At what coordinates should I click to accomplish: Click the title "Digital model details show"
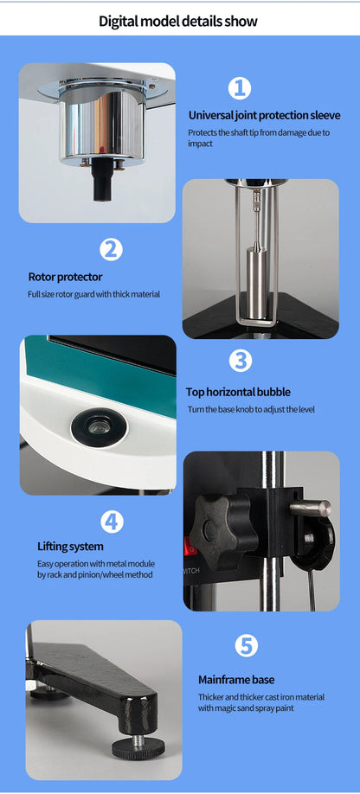177,21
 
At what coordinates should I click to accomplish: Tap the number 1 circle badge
240,88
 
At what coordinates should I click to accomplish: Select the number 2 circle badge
111,249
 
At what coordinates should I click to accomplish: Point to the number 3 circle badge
241,361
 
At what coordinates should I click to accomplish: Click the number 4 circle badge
112,522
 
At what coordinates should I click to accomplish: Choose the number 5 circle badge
246,645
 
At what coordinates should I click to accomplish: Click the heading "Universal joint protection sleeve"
264,115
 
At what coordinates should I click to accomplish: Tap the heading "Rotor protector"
65,277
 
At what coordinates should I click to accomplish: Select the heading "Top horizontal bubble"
238,392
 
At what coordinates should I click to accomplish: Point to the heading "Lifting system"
70,547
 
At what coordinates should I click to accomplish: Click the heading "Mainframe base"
236,680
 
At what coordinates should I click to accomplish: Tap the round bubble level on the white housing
99,428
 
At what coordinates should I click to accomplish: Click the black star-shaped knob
222,531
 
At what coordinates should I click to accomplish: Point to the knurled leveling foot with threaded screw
138,746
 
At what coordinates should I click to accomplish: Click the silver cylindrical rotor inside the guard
257,283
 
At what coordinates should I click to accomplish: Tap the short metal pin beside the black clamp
311,508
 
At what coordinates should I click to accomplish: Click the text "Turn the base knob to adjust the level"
251,409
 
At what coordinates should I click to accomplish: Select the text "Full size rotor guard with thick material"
93,294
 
